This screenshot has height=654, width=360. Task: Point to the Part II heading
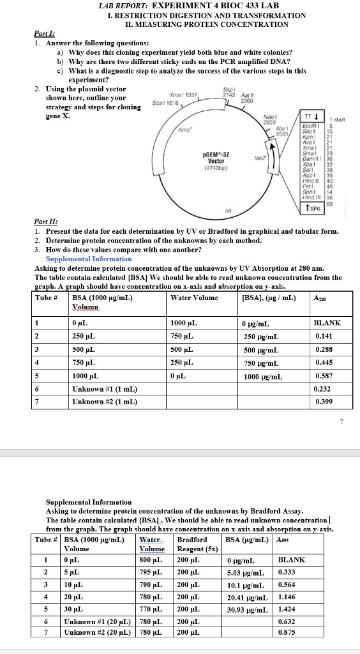pyautogui.click(x=45, y=221)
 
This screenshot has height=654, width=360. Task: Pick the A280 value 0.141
pyautogui.click(x=324, y=336)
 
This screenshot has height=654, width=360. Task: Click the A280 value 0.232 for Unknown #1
pyautogui.click(x=324, y=388)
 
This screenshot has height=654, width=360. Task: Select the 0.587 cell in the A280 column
pyautogui.click(x=324, y=376)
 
